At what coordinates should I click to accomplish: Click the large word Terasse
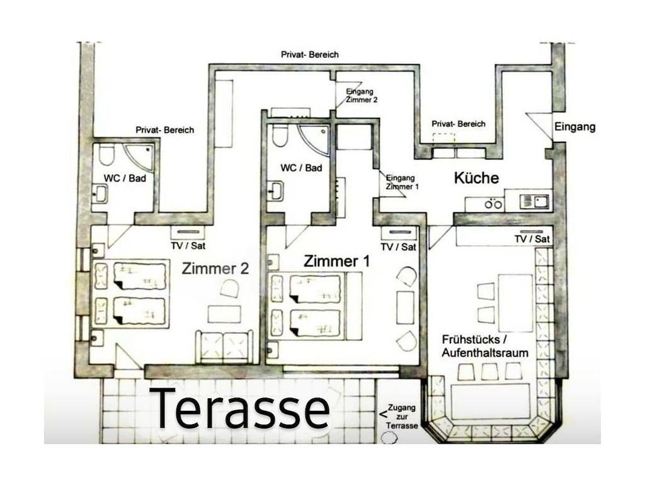(240, 408)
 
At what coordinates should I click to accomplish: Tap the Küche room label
(476, 178)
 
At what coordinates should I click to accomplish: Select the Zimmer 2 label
(215, 268)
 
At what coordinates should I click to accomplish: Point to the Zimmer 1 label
(337, 261)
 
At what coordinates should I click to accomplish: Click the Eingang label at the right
(574, 127)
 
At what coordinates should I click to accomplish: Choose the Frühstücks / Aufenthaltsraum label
(485, 346)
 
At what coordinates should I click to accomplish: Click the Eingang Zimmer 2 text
(362, 95)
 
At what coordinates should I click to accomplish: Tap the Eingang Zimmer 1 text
(402, 182)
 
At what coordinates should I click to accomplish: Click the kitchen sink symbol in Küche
(535, 202)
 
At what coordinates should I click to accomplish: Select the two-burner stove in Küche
(493, 204)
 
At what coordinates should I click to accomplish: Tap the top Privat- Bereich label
(309, 55)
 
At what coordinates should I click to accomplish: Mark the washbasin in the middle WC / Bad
(275, 190)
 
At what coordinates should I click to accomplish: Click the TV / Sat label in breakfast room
(532, 239)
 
